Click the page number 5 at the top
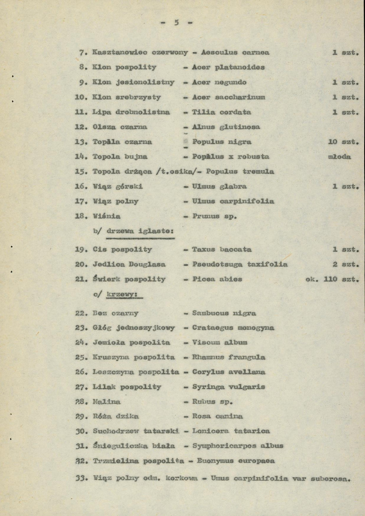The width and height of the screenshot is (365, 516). [176, 23]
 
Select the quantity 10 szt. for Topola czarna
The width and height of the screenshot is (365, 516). [343, 142]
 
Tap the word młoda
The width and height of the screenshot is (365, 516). [339, 157]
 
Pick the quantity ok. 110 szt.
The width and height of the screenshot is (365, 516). [331, 279]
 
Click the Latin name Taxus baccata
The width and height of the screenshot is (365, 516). [222, 249]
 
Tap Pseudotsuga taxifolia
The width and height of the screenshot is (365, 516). [240, 264]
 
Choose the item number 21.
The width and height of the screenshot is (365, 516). [82, 279]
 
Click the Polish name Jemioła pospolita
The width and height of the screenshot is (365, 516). [131, 342]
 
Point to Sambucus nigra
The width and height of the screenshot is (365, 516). [224, 313]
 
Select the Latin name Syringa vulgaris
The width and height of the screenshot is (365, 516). [228, 387]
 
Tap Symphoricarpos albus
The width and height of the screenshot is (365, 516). [238, 446]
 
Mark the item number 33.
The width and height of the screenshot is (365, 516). [82, 478]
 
